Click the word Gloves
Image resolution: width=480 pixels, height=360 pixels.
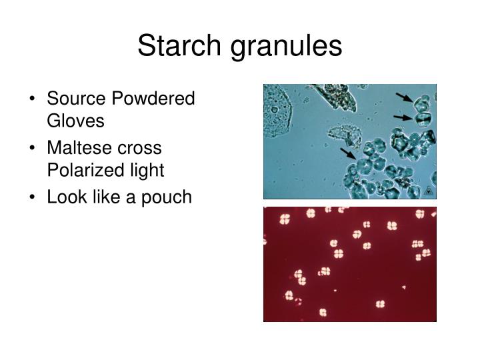tap(75, 121)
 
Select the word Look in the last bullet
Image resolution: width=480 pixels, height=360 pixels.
tap(65, 197)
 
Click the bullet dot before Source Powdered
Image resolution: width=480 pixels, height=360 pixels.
tap(33, 100)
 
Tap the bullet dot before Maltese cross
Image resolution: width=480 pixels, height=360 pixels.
tap(33, 149)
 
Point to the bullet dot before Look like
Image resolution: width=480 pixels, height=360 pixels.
tap(33, 198)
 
